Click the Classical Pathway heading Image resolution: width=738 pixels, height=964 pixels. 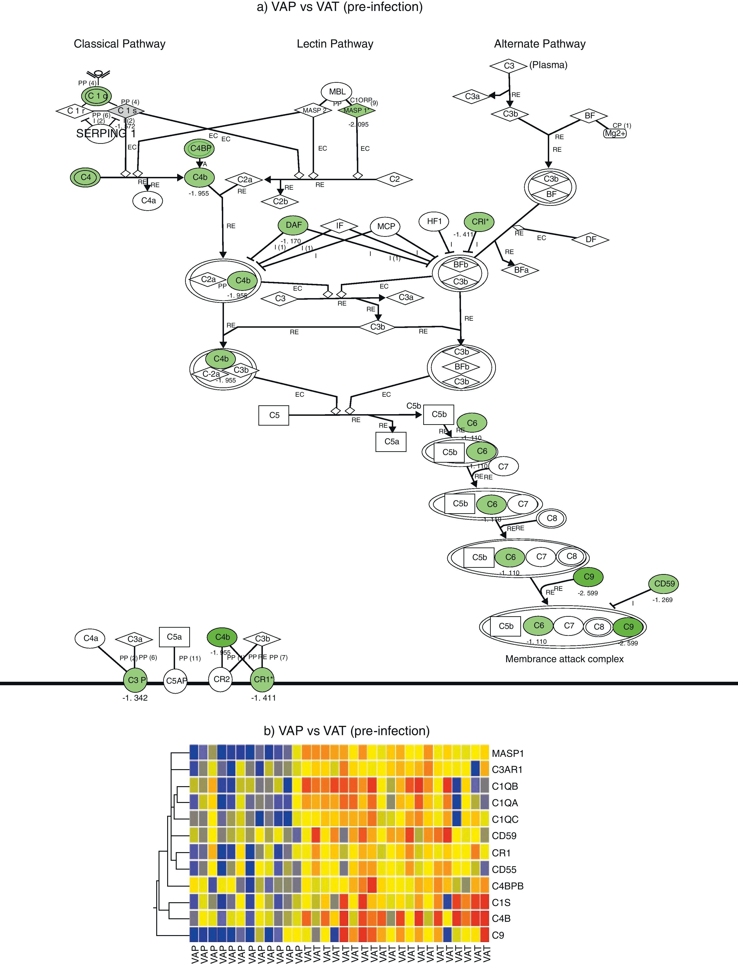[x=119, y=44]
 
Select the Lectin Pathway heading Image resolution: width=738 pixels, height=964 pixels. [x=335, y=44]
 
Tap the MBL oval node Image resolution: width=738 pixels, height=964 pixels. [x=337, y=92]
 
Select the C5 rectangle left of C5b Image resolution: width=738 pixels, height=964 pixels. [x=274, y=415]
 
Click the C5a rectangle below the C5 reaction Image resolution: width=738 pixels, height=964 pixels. [x=391, y=441]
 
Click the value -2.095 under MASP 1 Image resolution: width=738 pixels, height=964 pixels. [x=359, y=124]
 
